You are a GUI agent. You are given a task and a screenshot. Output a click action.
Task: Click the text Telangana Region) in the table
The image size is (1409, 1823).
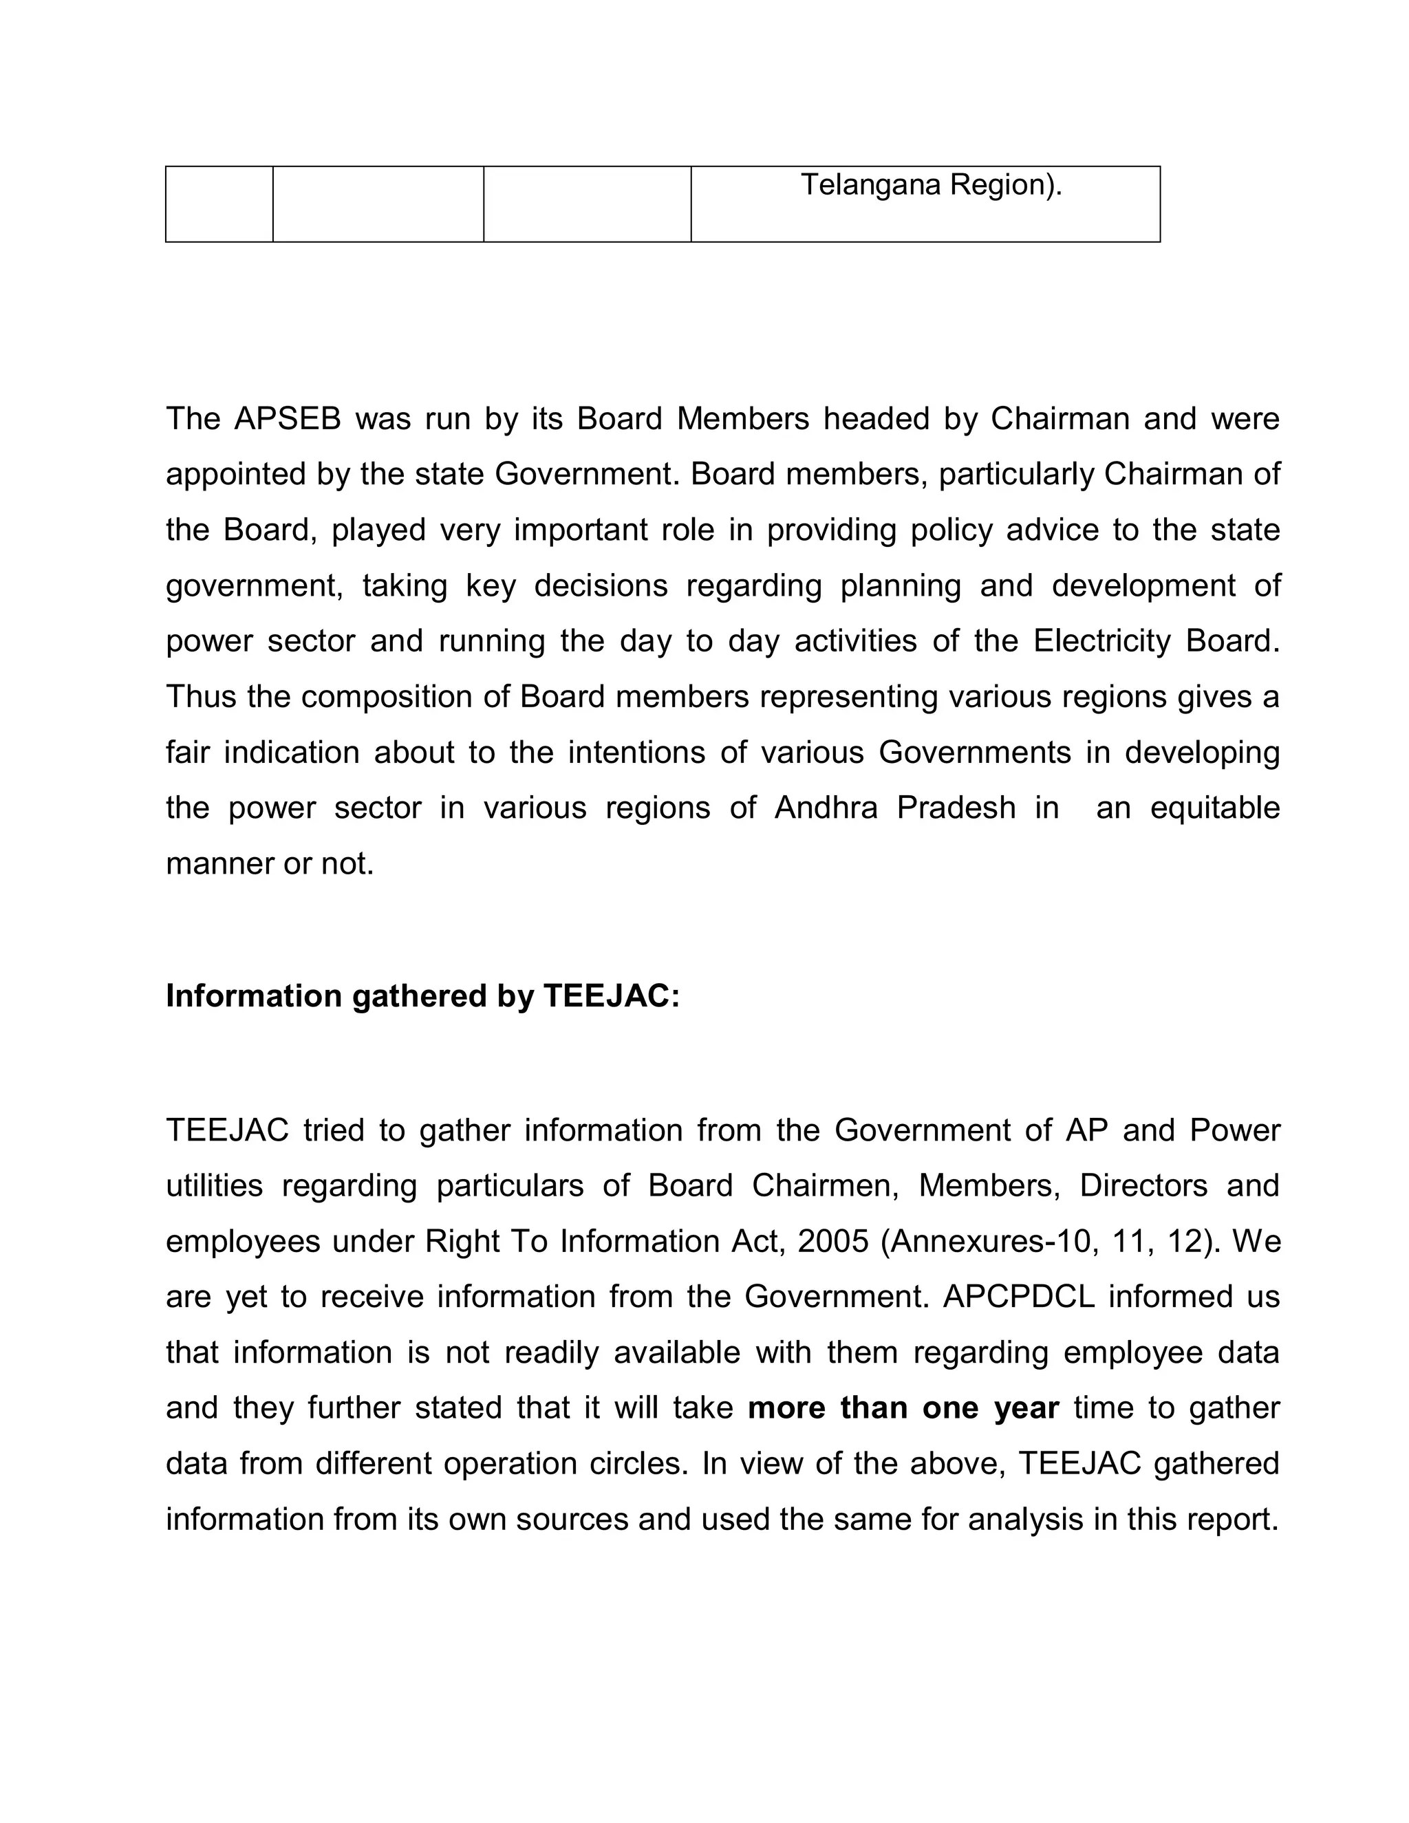pos(931,184)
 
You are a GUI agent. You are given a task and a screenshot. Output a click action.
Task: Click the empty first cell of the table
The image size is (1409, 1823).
pos(219,204)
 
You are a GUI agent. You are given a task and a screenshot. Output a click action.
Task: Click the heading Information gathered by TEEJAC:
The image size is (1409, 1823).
pos(422,996)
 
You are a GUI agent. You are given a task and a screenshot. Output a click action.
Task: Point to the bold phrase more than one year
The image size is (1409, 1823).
pos(903,1408)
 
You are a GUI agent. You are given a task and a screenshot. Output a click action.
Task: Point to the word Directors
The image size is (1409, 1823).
pos(1143,1185)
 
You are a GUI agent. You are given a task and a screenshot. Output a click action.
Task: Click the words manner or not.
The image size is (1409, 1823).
pos(270,864)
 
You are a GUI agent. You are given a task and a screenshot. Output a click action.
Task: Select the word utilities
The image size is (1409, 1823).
pos(215,1185)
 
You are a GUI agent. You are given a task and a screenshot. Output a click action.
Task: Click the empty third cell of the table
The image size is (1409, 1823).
pos(587,204)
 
